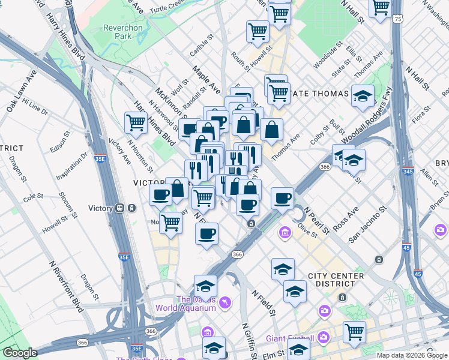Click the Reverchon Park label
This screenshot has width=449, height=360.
(x=122, y=32)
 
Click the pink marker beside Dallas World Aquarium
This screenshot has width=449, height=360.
(x=224, y=301)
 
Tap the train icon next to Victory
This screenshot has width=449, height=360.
(x=120, y=208)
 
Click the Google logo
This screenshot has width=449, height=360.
(x=20, y=353)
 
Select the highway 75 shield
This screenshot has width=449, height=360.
(x=399, y=19)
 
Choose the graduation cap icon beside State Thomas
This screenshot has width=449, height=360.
(x=363, y=96)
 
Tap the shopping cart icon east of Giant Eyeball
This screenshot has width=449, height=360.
(x=354, y=332)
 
